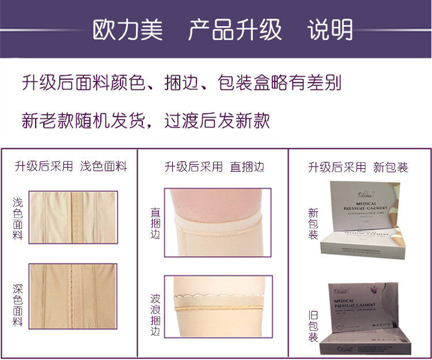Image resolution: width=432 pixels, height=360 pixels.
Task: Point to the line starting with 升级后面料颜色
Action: (x=182, y=82)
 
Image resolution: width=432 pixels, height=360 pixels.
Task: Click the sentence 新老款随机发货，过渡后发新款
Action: (x=146, y=120)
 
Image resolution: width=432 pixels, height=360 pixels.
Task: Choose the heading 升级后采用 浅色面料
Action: (x=71, y=167)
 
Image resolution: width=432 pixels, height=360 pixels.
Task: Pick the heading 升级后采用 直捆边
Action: (x=214, y=167)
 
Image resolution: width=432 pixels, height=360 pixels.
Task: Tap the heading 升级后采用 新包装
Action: (x=358, y=167)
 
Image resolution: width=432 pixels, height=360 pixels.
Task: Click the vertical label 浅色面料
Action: (x=17, y=219)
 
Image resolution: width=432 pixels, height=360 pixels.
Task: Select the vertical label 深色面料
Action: (x=17, y=305)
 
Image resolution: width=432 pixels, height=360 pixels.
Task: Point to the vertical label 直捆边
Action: (x=155, y=223)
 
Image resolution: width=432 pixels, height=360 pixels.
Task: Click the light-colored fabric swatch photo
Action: (x=73, y=217)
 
